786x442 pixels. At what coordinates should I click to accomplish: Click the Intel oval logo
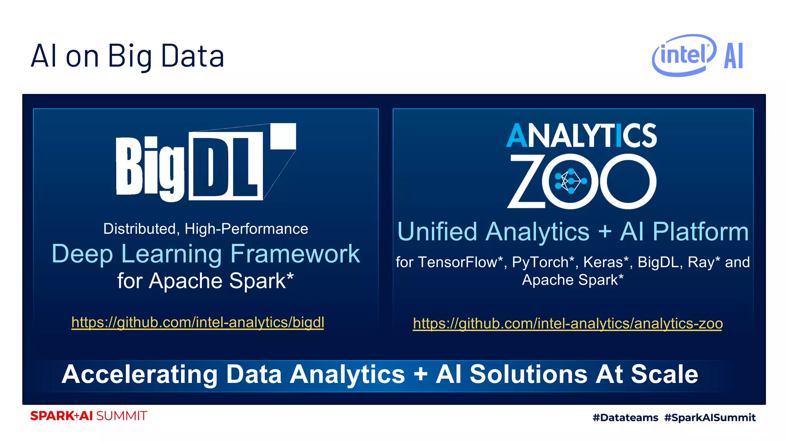(x=684, y=55)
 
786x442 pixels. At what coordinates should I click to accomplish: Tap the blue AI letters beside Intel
(x=733, y=56)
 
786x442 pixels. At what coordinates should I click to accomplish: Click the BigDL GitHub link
(x=198, y=322)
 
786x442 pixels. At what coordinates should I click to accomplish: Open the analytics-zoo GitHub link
(x=568, y=323)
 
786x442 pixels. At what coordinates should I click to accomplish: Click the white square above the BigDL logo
(x=283, y=136)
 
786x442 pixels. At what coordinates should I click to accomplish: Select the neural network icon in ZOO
(x=571, y=181)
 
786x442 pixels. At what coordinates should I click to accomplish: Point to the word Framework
(x=295, y=254)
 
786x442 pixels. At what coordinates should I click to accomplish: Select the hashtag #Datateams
(x=625, y=417)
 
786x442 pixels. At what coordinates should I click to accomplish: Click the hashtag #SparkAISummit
(x=710, y=417)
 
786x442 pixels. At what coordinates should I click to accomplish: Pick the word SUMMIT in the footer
(x=121, y=416)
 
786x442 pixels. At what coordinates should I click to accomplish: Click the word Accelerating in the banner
(x=139, y=374)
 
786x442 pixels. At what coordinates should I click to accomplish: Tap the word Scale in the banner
(x=664, y=374)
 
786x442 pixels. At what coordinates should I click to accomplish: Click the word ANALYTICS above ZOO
(x=581, y=135)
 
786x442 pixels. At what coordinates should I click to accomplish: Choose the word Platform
(x=700, y=232)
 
